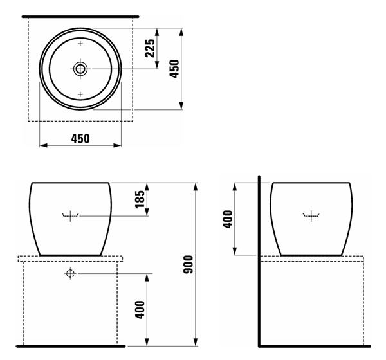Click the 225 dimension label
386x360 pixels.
coord(150,48)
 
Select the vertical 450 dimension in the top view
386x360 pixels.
coord(174,69)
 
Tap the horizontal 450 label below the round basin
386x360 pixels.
coord(80,139)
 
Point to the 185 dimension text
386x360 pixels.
coord(140,199)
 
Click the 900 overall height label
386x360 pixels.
coord(188,264)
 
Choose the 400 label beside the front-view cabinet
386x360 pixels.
coord(140,310)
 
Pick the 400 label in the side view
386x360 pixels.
coord(228,219)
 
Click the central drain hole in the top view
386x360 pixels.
coord(80,69)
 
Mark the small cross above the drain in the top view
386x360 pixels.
coord(80,44)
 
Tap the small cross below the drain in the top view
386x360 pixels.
coord(80,94)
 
